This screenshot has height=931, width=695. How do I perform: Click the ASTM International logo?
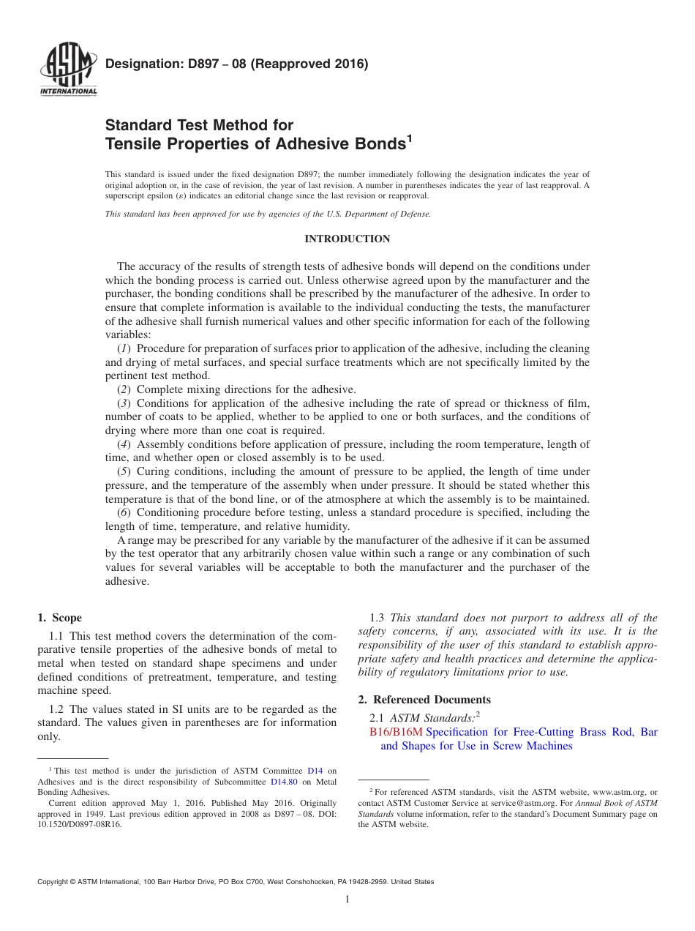pyautogui.click(x=67, y=70)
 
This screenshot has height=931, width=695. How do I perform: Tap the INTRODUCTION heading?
pyautogui.click(x=347, y=239)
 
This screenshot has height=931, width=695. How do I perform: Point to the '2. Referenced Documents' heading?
pyautogui.click(x=424, y=700)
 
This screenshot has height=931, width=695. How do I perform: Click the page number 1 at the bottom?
pyautogui.click(x=347, y=899)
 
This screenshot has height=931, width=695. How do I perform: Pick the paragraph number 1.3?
pyautogui.click(x=377, y=618)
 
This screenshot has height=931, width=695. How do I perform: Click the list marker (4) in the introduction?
pyautogui.click(x=124, y=444)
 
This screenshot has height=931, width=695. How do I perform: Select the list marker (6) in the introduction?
pyautogui.click(x=124, y=512)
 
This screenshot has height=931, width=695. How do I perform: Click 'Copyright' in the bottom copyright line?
pyautogui.click(x=55, y=882)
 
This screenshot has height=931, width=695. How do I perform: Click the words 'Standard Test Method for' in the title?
pyautogui.click(x=199, y=125)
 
